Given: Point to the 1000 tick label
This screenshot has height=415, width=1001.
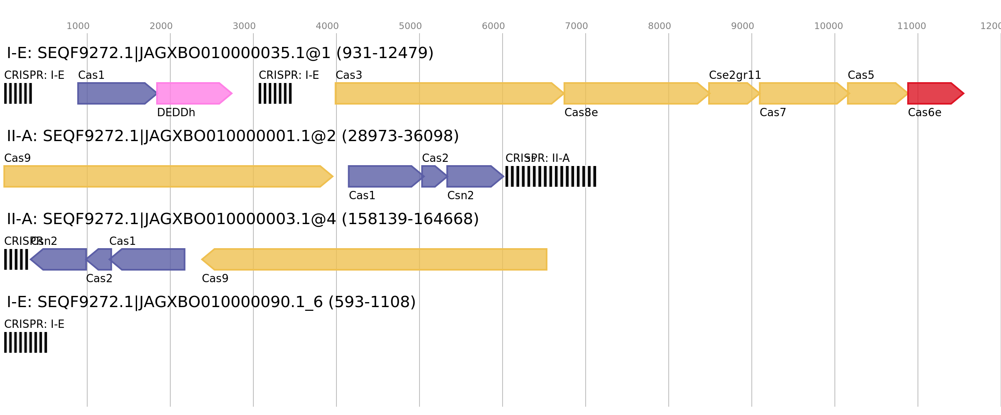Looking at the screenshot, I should [78, 26].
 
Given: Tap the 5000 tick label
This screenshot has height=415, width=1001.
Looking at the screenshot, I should [410, 26].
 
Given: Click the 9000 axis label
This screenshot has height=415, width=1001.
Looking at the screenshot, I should [742, 26].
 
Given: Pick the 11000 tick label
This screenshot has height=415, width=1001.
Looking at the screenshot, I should [911, 26].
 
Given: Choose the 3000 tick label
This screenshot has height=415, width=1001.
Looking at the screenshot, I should [244, 26].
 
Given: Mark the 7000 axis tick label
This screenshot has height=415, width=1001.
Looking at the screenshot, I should [576, 26].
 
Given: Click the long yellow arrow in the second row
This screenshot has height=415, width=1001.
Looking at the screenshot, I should [166, 176].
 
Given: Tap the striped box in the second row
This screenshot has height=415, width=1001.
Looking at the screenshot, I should [551, 176].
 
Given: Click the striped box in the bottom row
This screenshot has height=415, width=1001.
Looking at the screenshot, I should [26, 342].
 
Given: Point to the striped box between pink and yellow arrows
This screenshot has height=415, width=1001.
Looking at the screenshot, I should [275, 93].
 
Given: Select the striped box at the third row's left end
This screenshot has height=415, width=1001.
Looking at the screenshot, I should [16, 259].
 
